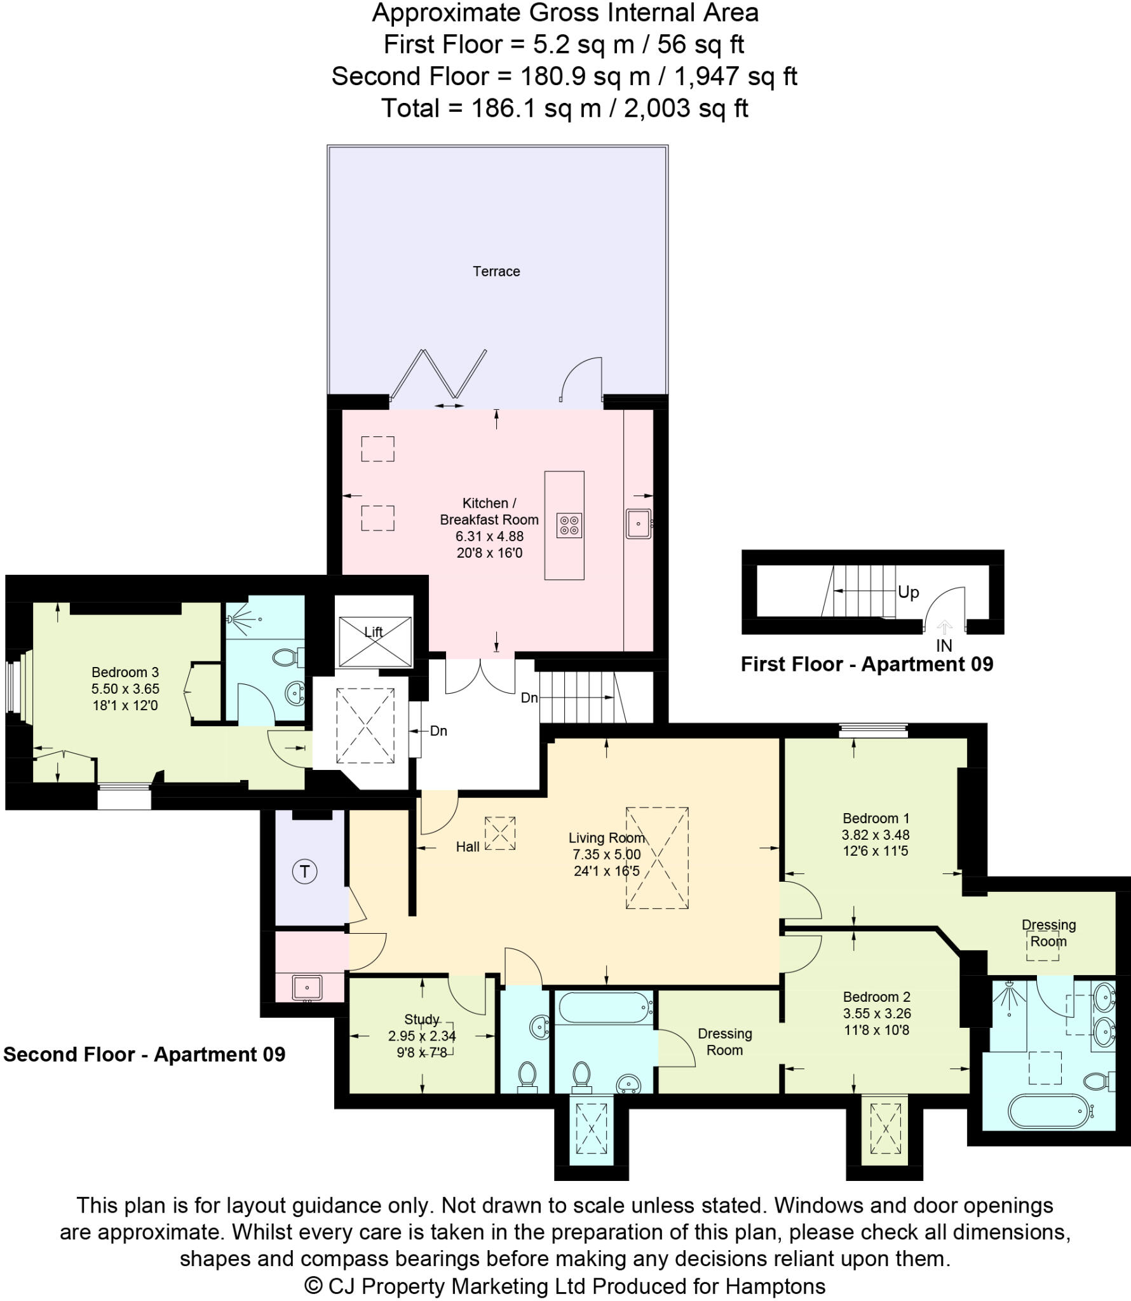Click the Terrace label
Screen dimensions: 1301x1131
496,271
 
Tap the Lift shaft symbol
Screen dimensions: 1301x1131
374,641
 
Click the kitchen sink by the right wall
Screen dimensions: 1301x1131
638,524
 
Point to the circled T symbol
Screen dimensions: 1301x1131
304,871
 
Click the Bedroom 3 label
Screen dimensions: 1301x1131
125,672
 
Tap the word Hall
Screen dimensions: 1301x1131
468,847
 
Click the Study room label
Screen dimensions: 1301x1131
422,1019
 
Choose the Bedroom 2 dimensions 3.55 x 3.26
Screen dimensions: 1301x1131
876,1014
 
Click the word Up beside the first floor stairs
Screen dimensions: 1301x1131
908,592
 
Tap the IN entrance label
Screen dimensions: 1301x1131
944,646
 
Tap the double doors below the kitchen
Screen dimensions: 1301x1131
480,677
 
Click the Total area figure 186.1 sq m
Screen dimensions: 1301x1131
536,109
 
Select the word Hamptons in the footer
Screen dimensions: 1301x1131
775,1286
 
